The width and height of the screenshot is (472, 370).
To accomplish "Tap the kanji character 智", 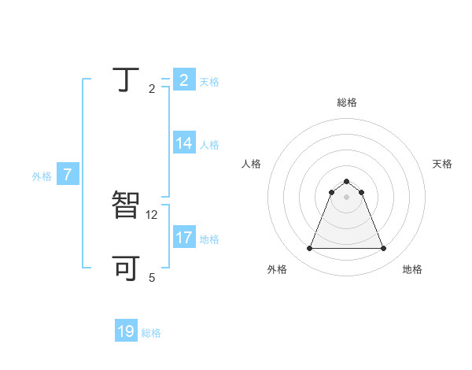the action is [x=127, y=206].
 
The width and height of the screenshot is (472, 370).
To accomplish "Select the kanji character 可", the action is [x=127, y=268].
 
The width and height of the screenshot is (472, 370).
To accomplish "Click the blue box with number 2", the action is [x=184, y=80].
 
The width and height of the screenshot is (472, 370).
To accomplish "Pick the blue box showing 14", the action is [x=184, y=143].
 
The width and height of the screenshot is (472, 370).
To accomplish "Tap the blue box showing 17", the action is [x=184, y=238].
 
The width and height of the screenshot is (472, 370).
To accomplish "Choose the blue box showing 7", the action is [x=68, y=175].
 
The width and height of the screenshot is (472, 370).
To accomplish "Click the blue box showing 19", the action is [x=126, y=331].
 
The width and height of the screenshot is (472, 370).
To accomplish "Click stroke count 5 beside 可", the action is [x=152, y=278].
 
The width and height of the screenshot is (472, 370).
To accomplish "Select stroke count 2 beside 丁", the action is [x=152, y=89].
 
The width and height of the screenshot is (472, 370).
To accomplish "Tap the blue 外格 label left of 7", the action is [x=42, y=176].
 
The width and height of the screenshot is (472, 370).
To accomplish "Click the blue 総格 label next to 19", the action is [x=151, y=333].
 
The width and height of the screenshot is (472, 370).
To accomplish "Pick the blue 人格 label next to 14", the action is [x=209, y=145].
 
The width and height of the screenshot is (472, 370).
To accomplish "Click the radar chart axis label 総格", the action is [x=347, y=102].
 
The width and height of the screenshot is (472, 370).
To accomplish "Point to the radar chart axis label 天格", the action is [x=443, y=164].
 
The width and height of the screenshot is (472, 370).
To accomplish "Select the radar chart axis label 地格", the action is [x=412, y=269].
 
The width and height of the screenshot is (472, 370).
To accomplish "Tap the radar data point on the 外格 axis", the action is [x=309, y=249].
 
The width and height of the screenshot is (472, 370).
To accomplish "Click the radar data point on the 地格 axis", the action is [x=384, y=249].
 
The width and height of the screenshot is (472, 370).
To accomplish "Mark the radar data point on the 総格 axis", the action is [x=346, y=182].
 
